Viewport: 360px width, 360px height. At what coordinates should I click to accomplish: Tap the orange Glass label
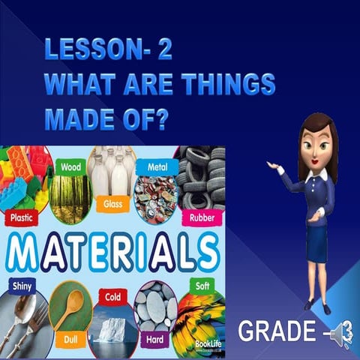[x=112, y=203]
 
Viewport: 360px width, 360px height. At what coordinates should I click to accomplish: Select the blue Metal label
[x=157, y=166]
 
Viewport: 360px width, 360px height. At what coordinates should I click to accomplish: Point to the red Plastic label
[x=23, y=219]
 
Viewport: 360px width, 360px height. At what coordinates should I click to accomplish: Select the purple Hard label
[x=156, y=338]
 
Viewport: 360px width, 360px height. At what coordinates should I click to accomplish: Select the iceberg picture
[x=112, y=330]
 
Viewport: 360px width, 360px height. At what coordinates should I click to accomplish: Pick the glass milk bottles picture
[x=112, y=172]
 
